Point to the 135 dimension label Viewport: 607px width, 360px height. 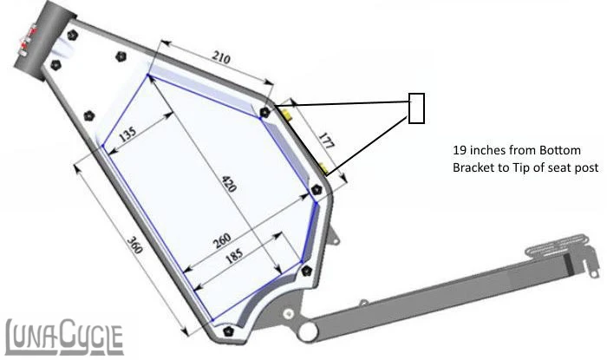(127, 135)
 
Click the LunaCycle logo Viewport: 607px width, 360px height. (64, 334)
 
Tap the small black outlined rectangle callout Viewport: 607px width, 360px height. (416, 108)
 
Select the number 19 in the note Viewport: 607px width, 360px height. (460, 149)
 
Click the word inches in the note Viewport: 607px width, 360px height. (492, 149)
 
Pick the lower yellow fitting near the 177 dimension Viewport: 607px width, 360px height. (323, 167)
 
